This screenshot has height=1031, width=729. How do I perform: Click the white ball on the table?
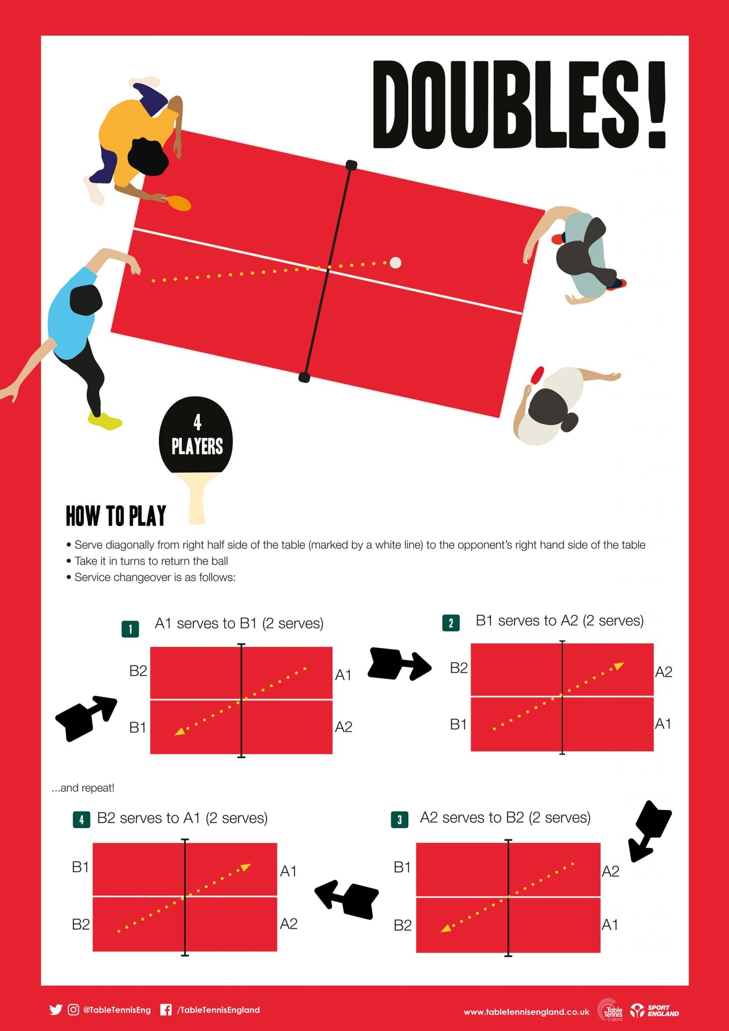396,262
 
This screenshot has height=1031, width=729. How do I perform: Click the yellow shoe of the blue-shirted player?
105,421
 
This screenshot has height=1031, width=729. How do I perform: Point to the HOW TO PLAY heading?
116,516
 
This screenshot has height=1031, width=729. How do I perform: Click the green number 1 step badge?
130,629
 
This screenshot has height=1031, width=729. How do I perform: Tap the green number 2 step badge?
451,623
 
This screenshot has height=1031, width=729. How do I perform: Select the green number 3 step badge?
399,820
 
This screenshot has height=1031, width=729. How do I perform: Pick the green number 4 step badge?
82,820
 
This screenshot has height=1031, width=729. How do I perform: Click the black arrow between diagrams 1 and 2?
400,664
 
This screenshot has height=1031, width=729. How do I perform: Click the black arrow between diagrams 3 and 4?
347,898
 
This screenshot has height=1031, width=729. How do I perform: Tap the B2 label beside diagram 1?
138,671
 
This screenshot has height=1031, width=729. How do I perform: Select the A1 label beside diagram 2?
663,724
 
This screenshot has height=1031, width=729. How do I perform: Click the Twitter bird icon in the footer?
56,1010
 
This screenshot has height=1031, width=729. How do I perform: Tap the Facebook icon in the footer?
166,1010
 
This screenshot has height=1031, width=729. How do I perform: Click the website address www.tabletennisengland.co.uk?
527,1012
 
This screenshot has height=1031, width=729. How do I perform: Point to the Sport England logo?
655,1010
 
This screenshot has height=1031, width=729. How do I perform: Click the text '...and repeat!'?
83,788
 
